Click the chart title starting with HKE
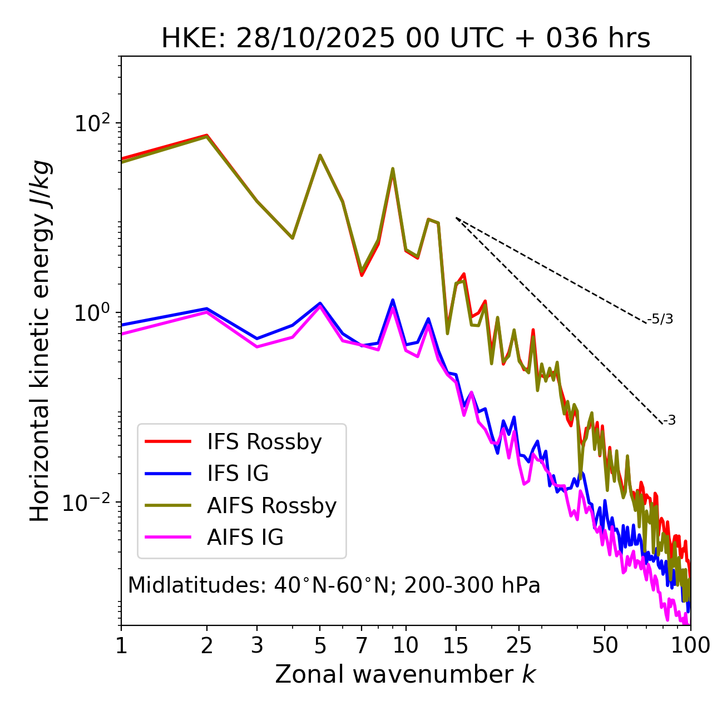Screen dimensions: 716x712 point(406,39)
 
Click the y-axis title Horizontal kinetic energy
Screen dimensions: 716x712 point(41,341)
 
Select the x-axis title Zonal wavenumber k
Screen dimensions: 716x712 point(405,674)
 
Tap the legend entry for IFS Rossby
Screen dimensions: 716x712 point(264,442)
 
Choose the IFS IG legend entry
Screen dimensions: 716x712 point(238,474)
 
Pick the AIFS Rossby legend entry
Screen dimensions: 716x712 point(271,506)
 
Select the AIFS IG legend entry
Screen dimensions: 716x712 point(245,538)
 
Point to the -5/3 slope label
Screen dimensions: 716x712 point(660,319)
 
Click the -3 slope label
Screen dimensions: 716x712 point(669,420)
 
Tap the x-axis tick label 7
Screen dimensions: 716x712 point(362,645)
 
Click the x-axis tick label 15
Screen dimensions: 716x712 point(456,645)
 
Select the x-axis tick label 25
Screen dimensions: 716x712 point(519,645)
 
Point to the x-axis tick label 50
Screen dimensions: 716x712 point(605,645)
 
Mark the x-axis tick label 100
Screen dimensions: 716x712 point(690,645)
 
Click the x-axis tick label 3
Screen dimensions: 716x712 point(257,645)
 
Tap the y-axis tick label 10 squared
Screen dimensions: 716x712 point(92,123)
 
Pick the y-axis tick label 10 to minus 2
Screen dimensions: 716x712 point(89,503)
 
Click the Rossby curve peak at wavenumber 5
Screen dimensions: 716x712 point(320,155)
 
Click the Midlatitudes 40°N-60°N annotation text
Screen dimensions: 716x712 point(334,585)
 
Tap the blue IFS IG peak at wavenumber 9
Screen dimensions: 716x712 point(393,300)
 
